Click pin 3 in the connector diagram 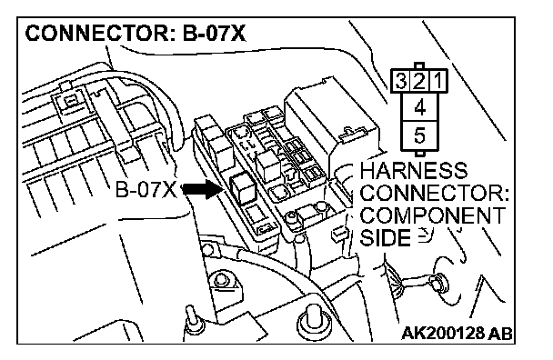click(400, 81)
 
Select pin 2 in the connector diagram click(418, 81)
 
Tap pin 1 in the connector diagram click(437, 81)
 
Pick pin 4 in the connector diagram click(419, 107)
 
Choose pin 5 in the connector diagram click(419, 135)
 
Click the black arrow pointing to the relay click(202, 190)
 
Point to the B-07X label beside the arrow click(146, 190)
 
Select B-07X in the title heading click(214, 34)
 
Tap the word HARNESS click(414, 171)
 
